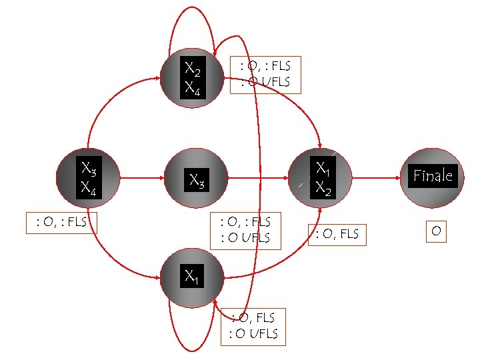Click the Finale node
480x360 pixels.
[433, 175]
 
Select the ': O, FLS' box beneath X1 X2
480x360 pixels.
[337, 233]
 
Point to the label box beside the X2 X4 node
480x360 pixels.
[265, 75]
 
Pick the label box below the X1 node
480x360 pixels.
[253, 327]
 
